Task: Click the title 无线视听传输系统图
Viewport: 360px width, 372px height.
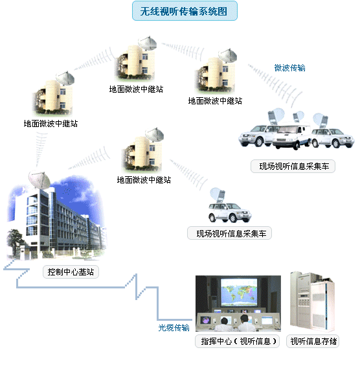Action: pos(185,11)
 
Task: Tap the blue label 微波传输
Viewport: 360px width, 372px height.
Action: pos(289,68)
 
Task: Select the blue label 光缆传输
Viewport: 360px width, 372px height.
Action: pos(174,327)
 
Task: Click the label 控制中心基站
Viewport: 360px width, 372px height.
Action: pos(71,272)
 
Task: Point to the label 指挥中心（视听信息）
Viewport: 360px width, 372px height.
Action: pos(237,341)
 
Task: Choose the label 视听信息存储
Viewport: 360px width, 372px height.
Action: pos(313,341)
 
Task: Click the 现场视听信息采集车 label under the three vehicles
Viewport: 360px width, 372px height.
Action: pos(293,167)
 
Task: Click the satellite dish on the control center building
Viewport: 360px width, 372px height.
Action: pos(39,180)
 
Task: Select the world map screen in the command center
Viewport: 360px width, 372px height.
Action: pos(239,292)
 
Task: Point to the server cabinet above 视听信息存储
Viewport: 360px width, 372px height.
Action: pos(312,301)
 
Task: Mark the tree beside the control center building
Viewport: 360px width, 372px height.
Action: pos(16,241)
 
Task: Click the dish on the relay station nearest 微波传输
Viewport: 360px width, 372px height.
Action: pos(227,56)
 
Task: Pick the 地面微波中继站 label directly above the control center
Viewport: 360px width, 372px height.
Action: pos(51,123)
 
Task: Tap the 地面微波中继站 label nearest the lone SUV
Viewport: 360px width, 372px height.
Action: pos(144,180)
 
